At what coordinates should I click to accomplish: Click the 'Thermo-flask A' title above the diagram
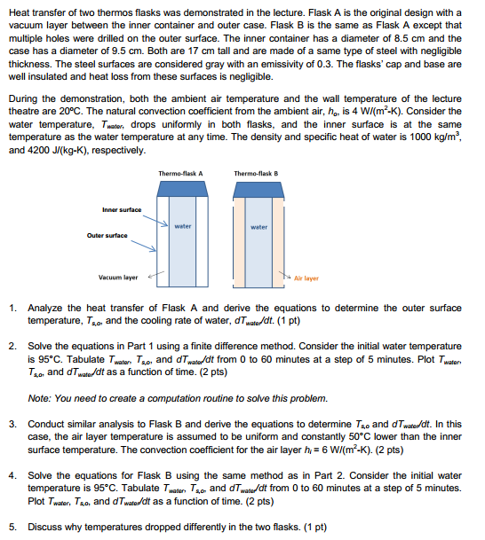[x=180, y=173]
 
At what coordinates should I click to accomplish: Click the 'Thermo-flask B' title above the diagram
[x=258, y=173]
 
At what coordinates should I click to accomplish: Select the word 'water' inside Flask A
[x=183, y=226]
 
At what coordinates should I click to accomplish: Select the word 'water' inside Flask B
[x=258, y=227]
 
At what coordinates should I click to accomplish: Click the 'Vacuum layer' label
[x=117, y=277]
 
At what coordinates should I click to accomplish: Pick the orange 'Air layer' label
[x=306, y=278]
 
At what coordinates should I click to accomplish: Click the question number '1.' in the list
[x=15, y=307]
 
